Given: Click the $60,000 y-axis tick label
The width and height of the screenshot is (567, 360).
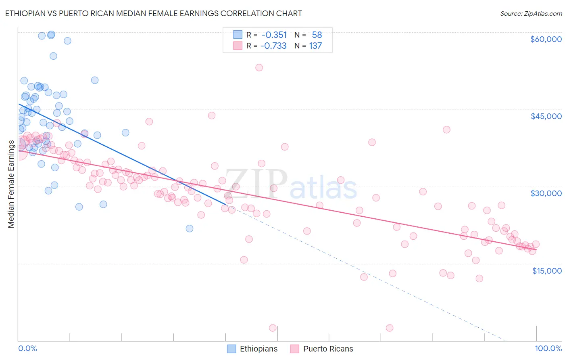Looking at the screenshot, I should [x=546, y=39].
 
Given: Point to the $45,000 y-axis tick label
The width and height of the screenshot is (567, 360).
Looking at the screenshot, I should [x=546, y=116].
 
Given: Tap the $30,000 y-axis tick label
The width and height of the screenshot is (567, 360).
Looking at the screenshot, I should [x=546, y=193].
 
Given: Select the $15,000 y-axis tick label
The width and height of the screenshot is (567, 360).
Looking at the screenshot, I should [x=547, y=271].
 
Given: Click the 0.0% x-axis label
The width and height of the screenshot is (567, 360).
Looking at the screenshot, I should [x=27, y=348].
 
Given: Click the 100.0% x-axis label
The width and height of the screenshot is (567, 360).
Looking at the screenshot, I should [x=548, y=348].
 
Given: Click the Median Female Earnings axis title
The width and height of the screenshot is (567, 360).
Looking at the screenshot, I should [x=11, y=184].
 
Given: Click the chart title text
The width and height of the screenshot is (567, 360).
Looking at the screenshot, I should [x=153, y=13].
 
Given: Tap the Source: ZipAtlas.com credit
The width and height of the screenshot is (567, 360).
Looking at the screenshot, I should [x=531, y=13].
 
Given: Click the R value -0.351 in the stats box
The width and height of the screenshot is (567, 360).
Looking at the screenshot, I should [x=274, y=35].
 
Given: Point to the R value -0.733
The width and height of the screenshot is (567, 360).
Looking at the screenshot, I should [x=273, y=46].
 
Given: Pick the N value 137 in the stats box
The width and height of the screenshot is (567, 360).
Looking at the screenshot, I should [x=315, y=46].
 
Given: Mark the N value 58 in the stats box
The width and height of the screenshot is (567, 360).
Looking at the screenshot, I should [x=317, y=35].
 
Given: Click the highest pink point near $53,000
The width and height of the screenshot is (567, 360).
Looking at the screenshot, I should [x=259, y=67].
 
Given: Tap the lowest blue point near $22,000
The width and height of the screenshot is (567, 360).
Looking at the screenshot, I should [x=189, y=228].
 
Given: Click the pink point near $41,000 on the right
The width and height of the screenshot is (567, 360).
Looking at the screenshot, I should [x=446, y=130].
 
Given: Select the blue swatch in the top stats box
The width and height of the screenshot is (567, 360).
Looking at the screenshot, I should [x=238, y=35].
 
